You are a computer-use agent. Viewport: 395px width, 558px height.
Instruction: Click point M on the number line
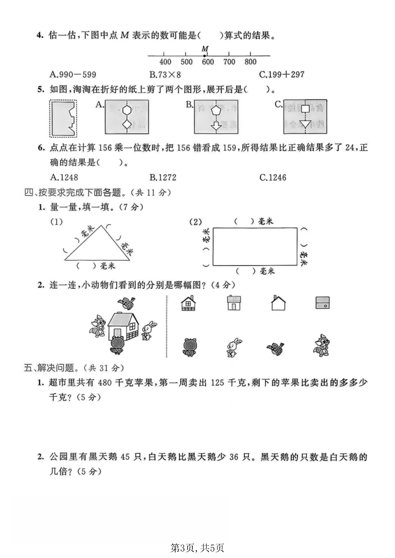tap(205, 56)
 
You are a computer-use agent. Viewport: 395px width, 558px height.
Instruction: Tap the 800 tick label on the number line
tap(251, 62)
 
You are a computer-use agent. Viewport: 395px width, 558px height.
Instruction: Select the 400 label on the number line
tap(165, 62)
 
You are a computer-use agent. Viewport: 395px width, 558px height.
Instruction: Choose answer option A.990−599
tap(73, 75)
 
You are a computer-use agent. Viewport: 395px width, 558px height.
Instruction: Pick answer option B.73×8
tap(165, 75)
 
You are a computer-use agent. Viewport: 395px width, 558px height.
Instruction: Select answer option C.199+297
tap(282, 75)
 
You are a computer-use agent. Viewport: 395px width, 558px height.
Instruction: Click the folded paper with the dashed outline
tap(63, 118)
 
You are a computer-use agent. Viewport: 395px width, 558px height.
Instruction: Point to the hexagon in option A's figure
tap(127, 109)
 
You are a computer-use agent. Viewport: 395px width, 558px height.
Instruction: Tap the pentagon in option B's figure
tap(216, 109)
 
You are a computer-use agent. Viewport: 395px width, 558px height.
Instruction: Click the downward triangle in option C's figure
tap(304, 124)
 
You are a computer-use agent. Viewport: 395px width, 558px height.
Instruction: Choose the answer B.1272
tap(163, 178)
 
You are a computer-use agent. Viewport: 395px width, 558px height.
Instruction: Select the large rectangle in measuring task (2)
tap(255, 247)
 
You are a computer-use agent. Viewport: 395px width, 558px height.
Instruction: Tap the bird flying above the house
tap(127, 303)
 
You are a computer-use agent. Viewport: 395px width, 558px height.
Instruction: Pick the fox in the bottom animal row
tap(322, 345)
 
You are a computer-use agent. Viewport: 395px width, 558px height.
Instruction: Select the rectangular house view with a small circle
tap(322, 303)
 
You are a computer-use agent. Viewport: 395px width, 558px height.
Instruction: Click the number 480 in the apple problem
tap(105, 383)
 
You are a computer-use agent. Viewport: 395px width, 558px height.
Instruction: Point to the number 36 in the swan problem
tap(234, 457)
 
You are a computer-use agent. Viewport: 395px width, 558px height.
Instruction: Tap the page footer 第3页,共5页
tap(197, 548)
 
